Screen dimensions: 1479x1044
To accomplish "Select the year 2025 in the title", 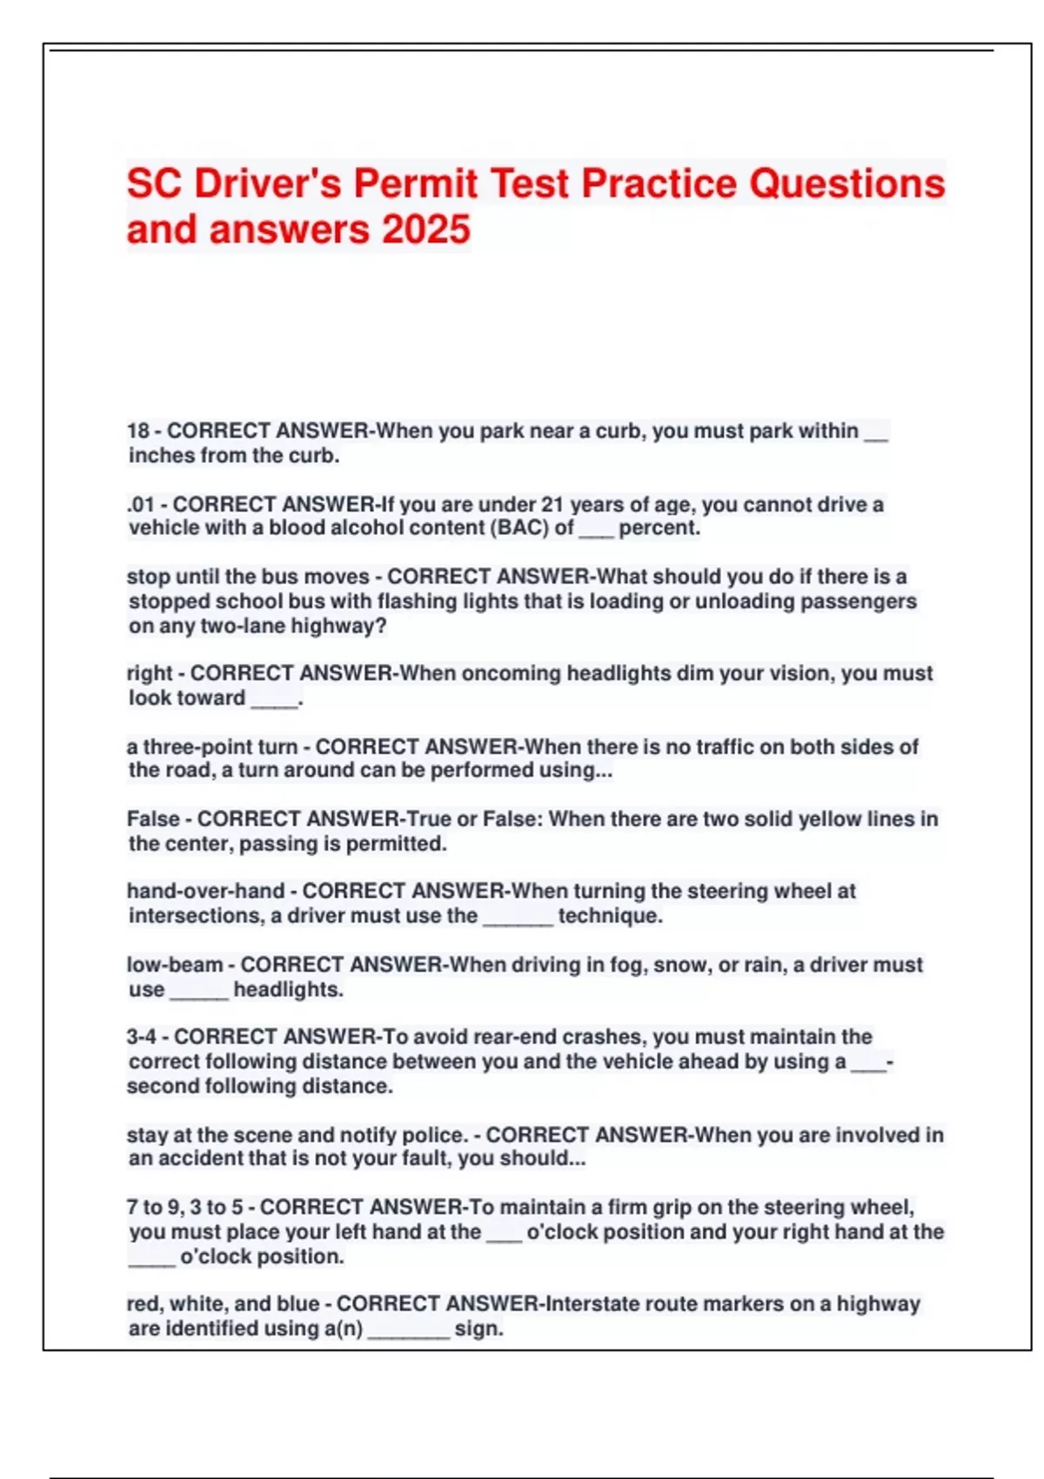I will click(x=426, y=230).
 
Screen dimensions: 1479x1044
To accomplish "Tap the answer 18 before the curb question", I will click(x=138, y=431).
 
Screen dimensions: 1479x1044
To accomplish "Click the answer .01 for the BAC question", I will click(x=141, y=505).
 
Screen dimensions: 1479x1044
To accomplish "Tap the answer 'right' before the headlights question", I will click(x=150, y=673).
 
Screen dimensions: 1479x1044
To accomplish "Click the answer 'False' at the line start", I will click(x=152, y=819).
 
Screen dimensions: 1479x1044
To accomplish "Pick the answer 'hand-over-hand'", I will click(x=205, y=891).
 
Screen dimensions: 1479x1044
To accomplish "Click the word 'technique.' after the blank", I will click(x=610, y=915).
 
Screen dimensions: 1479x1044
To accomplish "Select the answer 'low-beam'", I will click(x=174, y=965).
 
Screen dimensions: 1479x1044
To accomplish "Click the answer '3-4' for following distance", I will click(x=141, y=1037).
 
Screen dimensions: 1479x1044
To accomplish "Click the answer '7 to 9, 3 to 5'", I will click(x=184, y=1208).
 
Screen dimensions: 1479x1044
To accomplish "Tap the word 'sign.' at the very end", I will click(x=478, y=1328).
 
